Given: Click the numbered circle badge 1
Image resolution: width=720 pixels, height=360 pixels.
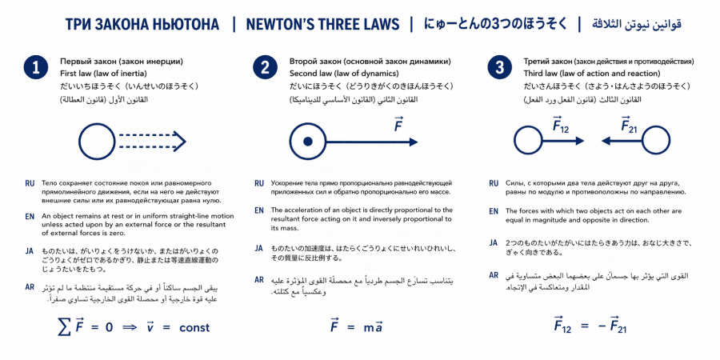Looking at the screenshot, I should tap(36, 67).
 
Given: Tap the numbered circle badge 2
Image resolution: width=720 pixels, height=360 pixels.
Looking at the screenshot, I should tap(265, 67).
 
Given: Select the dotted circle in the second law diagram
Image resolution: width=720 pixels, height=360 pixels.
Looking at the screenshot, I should tap(306, 142).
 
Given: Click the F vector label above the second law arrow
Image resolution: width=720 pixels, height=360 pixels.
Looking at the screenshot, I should tap(398, 124).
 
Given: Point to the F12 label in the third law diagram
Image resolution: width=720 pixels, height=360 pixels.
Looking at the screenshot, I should tap(561, 124).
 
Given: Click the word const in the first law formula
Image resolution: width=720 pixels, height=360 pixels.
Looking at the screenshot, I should tap(194, 327).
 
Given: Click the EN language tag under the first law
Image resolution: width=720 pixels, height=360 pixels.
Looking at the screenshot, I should tap(30, 216).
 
